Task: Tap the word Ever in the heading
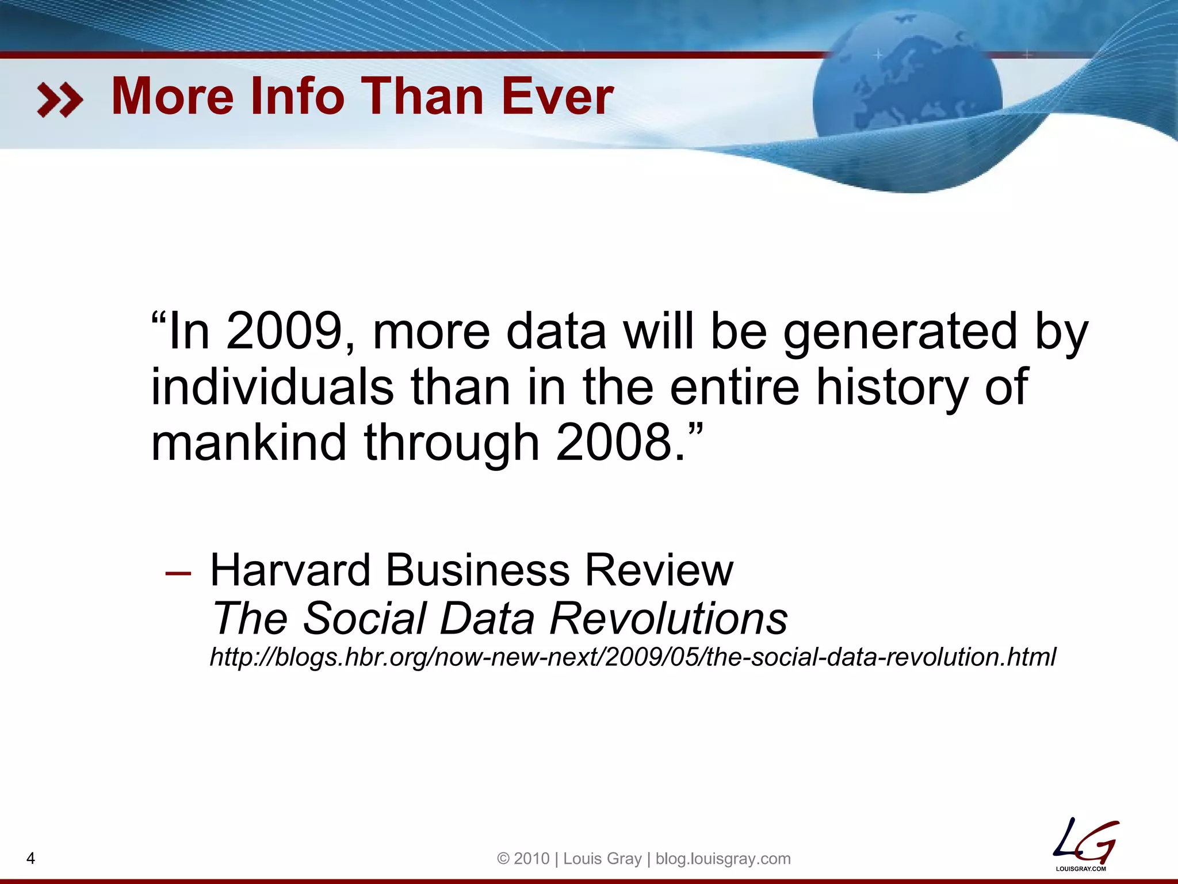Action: (x=557, y=96)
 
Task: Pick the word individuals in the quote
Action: (x=272, y=387)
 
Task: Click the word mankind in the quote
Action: (x=248, y=442)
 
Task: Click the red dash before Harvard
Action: (x=178, y=573)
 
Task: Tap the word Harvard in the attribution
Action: (x=290, y=570)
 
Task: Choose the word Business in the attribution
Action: (x=477, y=570)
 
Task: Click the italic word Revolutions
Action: (x=668, y=619)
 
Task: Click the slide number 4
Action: (x=31, y=859)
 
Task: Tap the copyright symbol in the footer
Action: (x=503, y=859)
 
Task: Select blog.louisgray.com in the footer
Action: (x=723, y=859)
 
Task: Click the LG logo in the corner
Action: (x=1084, y=845)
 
